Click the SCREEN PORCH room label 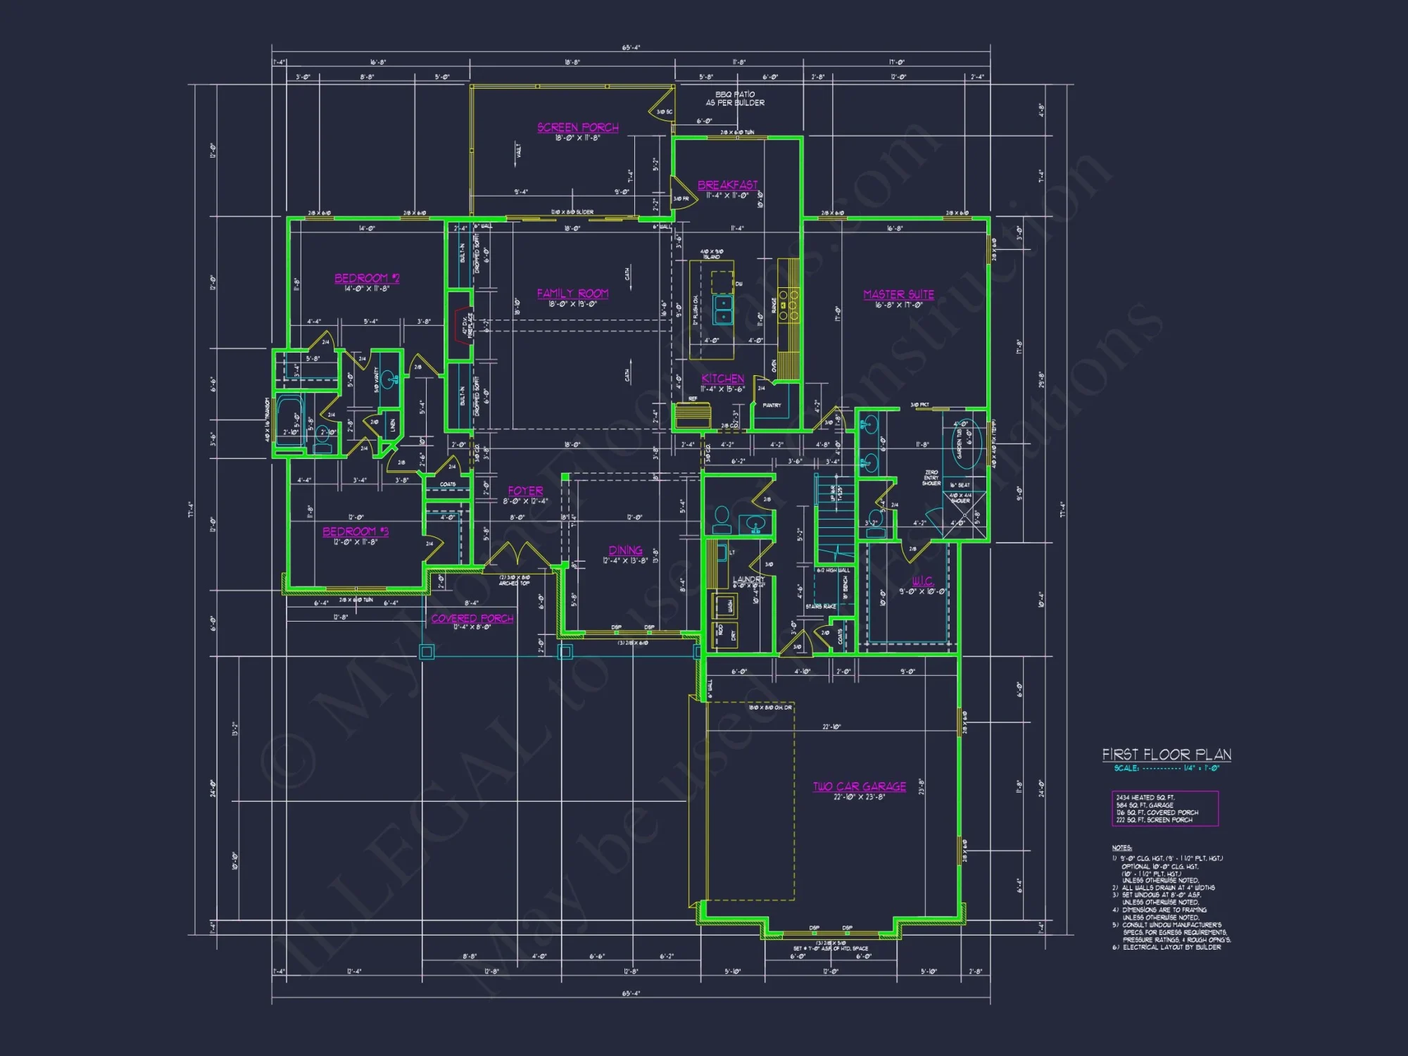click(x=577, y=127)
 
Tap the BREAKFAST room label click(x=727, y=185)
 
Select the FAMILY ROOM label click(x=572, y=294)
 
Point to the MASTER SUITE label click(x=898, y=294)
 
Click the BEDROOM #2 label click(x=367, y=278)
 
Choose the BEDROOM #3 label click(x=356, y=532)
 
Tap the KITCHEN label click(x=722, y=379)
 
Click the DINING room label click(x=625, y=551)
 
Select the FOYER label click(x=525, y=491)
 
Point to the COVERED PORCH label click(x=472, y=618)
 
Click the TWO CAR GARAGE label click(x=859, y=786)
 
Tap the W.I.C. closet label click(x=922, y=581)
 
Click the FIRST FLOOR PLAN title click(x=1167, y=755)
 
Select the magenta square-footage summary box click(x=1164, y=808)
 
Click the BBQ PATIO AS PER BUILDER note click(x=735, y=99)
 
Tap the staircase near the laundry click(x=835, y=521)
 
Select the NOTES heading click(x=1121, y=848)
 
